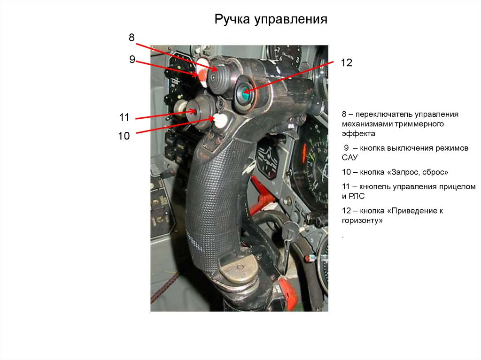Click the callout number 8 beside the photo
(x=132, y=38)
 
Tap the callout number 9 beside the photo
(x=132, y=59)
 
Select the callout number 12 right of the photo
(x=346, y=62)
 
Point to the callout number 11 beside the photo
(x=124, y=117)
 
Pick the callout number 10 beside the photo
(x=124, y=136)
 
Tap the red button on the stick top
(x=202, y=74)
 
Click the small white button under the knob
(x=220, y=120)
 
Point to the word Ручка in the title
(x=232, y=19)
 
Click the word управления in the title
(x=290, y=20)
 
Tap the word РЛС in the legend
(x=357, y=196)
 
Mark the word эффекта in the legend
(x=358, y=134)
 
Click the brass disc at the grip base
(x=239, y=269)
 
